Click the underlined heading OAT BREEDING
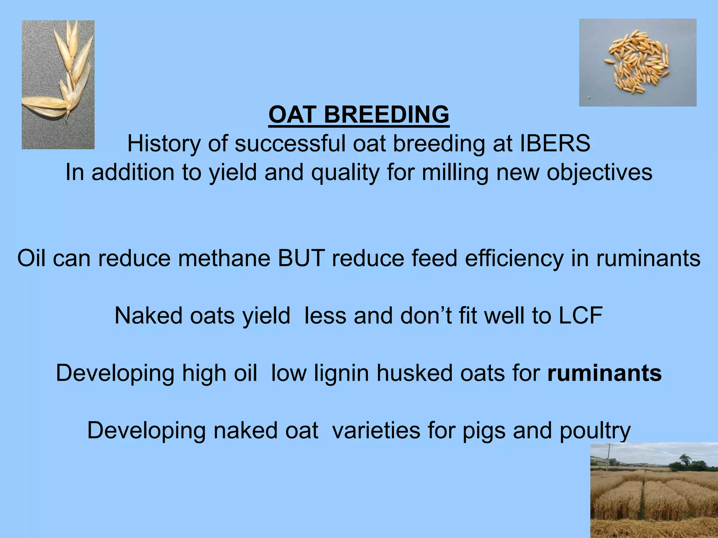click(x=359, y=115)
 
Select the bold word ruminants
click(x=604, y=373)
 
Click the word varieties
click(x=376, y=430)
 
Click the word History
click(x=164, y=144)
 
